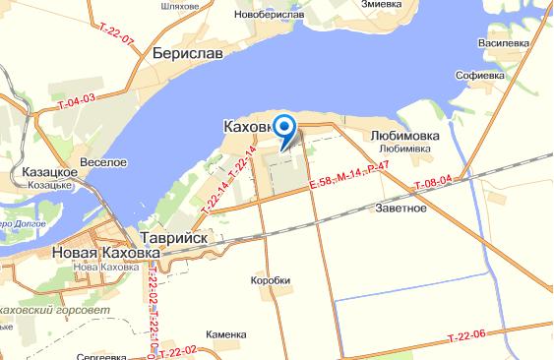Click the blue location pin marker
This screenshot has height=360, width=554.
284,129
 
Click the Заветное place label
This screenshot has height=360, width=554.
401,209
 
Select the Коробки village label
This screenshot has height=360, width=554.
271,279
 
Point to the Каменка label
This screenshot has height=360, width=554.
226,335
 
